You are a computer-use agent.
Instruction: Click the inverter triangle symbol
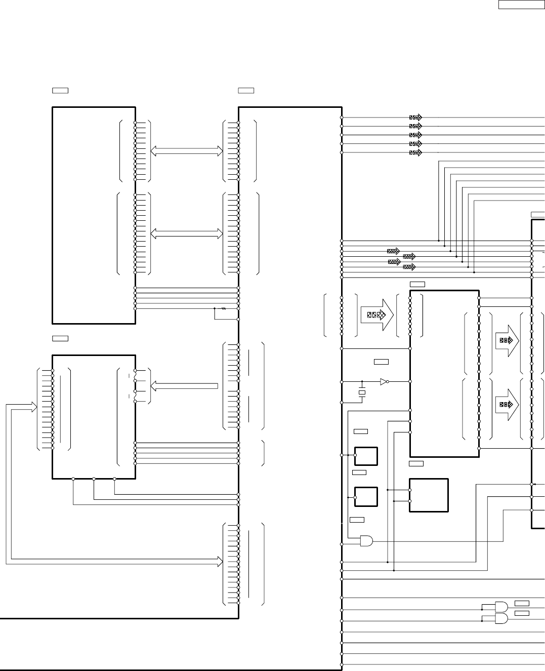coord(384,381)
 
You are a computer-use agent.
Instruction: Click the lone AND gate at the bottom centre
coord(366,541)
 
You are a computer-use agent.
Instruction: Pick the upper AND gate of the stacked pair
coord(501,606)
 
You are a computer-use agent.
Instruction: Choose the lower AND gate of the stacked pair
coord(501,618)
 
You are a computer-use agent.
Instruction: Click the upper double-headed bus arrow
coord(187,151)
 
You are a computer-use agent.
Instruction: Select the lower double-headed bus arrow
coord(187,233)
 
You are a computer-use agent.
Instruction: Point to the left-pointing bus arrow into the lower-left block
coord(184,386)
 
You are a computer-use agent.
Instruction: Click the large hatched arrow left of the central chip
coord(377,314)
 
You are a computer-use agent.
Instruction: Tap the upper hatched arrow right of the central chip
coord(507,340)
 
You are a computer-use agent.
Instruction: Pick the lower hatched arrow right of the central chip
coord(507,404)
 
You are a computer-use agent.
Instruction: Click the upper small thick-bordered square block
coord(366,456)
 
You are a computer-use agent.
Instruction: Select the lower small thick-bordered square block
coord(366,497)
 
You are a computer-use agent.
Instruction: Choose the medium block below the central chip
coord(429,495)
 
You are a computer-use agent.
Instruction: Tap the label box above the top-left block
coord(60,90)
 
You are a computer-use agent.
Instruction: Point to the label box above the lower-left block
coord(60,338)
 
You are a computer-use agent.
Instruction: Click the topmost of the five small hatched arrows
coord(415,117)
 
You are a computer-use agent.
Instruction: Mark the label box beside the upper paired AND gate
coord(522,603)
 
